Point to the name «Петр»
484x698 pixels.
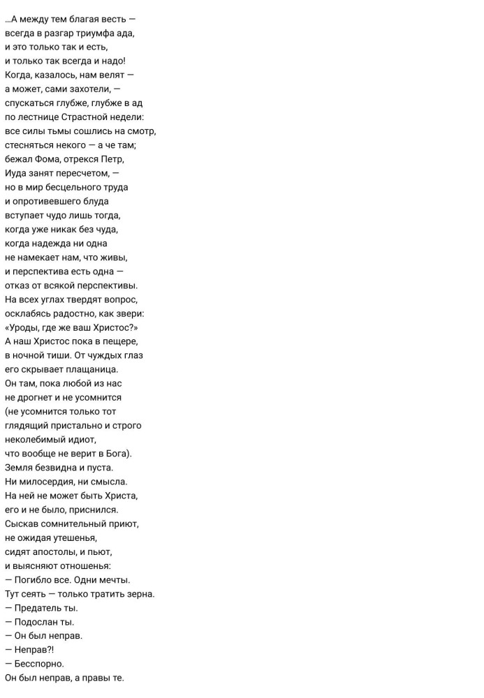click(x=112, y=159)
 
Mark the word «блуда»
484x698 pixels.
click(x=94, y=201)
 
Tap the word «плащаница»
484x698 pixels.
click(x=95, y=369)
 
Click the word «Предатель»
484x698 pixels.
click(x=38, y=607)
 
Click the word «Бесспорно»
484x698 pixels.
click(x=39, y=663)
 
